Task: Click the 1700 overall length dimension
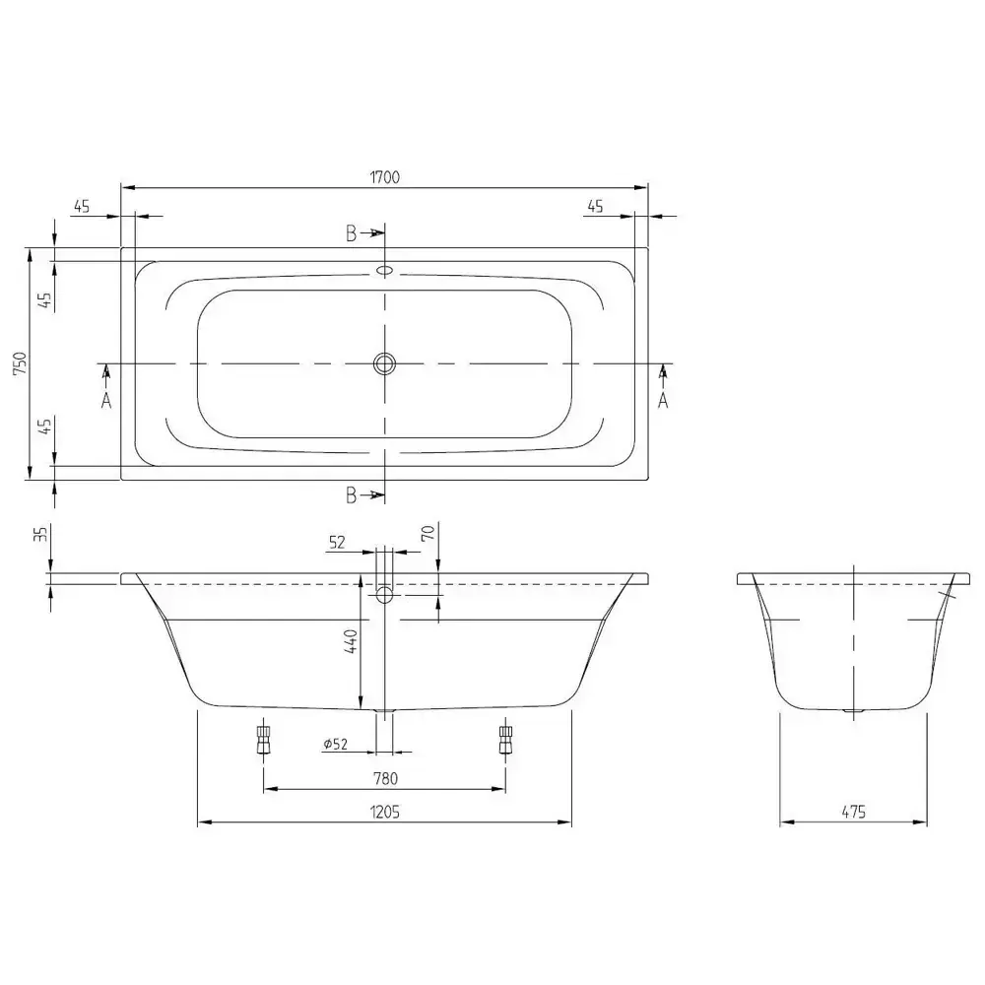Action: pyautogui.click(x=384, y=177)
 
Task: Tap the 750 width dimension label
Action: pyautogui.click(x=20, y=363)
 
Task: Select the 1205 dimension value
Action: pyautogui.click(x=384, y=813)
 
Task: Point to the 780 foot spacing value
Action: pyautogui.click(x=385, y=779)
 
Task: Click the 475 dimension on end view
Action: pyautogui.click(x=853, y=813)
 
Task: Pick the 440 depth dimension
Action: pyautogui.click(x=352, y=641)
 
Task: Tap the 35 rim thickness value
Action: pyautogui.click(x=40, y=534)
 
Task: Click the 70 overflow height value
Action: pyautogui.click(x=427, y=534)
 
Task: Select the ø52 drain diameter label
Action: pyautogui.click(x=336, y=745)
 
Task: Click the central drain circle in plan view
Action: pyautogui.click(x=384, y=363)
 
